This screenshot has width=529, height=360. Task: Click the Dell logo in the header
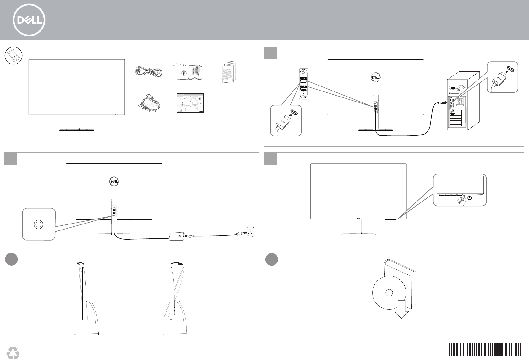coord(29,20)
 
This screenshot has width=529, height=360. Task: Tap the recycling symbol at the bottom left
coord(13,353)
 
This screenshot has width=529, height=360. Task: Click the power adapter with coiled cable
coord(188,72)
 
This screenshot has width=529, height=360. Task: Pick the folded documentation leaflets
coord(230,72)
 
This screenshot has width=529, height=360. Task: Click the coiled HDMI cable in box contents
coord(149,104)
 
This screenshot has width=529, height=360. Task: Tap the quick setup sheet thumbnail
coord(189,103)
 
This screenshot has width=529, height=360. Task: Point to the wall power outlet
coord(250,233)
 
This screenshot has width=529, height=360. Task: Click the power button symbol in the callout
coord(469,198)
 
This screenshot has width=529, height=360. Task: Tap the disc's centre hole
coord(389,293)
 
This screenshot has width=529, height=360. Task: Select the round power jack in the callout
coord(38,224)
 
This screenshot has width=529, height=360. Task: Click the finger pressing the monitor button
coord(461,200)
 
